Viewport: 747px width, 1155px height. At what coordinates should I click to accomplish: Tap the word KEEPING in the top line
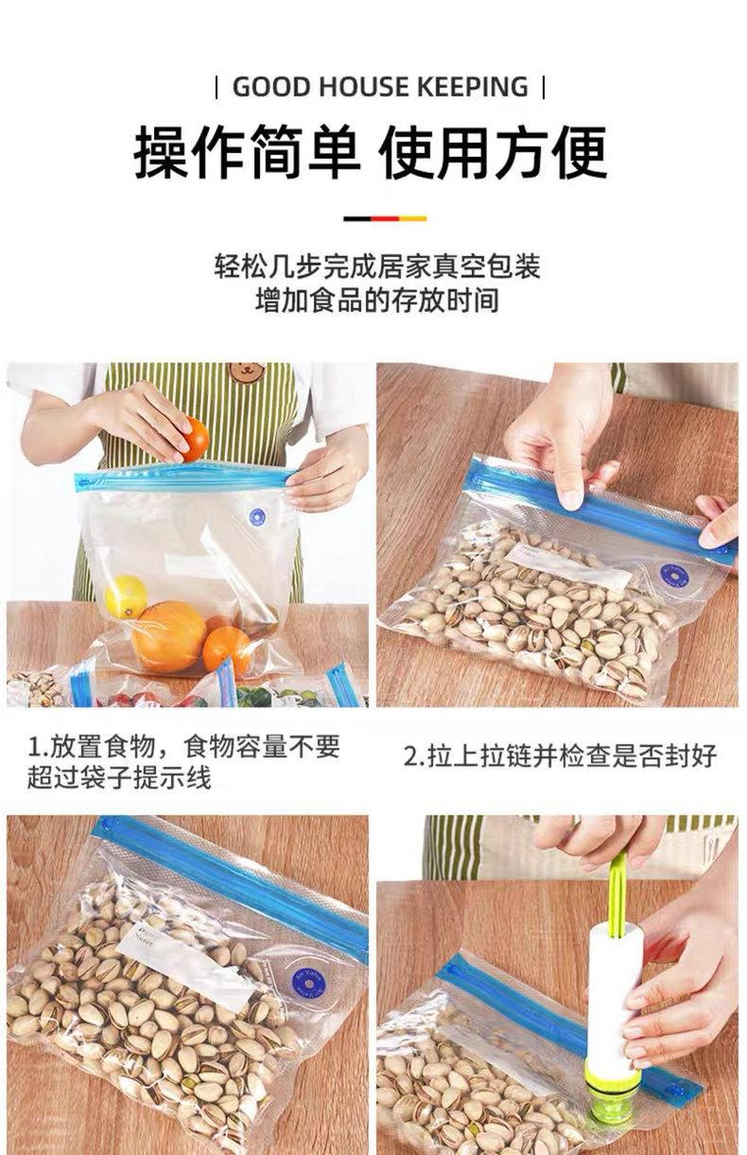(x=473, y=87)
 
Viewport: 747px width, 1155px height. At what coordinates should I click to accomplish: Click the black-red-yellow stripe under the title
(x=385, y=218)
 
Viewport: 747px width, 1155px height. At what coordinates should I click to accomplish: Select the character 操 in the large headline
(x=161, y=152)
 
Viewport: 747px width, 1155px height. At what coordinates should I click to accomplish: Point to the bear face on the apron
(x=247, y=371)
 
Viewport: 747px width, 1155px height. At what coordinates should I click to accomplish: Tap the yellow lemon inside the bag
(x=126, y=597)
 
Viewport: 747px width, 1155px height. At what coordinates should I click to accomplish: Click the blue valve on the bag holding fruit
(x=257, y=517)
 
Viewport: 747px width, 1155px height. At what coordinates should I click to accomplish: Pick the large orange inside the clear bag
(x=168, y=637)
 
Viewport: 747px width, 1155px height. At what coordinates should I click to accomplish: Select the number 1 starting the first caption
(x=34, y=747)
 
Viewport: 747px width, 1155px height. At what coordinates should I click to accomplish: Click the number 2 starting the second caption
(x=410, y=756)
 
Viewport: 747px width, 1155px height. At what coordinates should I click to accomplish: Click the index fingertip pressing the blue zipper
(x=571, y=498)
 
